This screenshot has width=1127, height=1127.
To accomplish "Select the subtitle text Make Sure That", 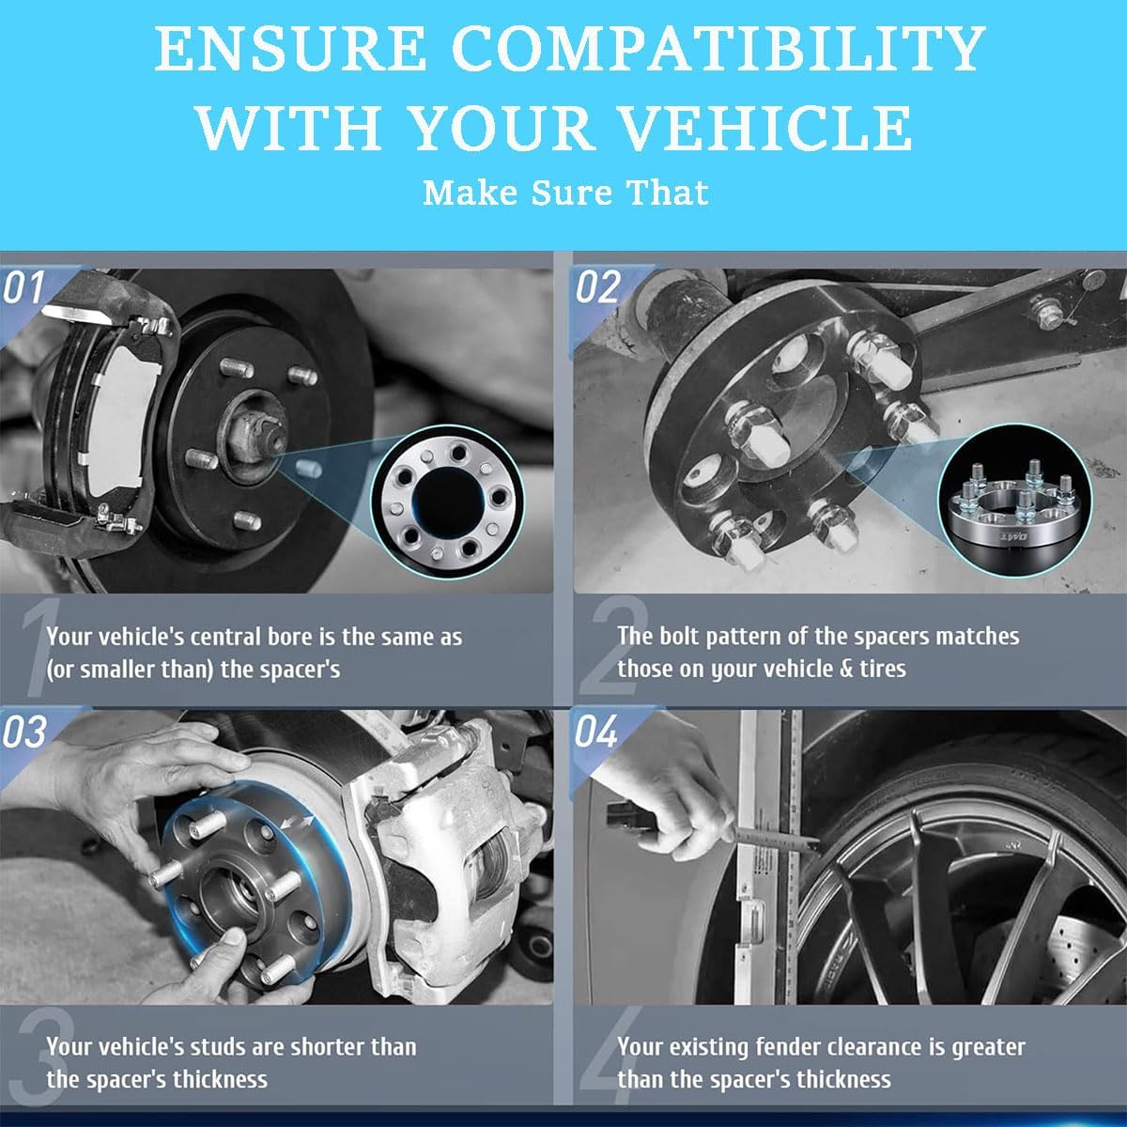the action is coord(565,193).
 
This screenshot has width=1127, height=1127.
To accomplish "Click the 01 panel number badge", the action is coord(23,287).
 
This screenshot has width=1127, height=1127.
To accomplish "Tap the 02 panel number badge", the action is coord(597,286).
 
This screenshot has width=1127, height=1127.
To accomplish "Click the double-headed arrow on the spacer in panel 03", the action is coord(297,823).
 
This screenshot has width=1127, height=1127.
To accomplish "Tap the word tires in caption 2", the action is coord(883,669).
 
